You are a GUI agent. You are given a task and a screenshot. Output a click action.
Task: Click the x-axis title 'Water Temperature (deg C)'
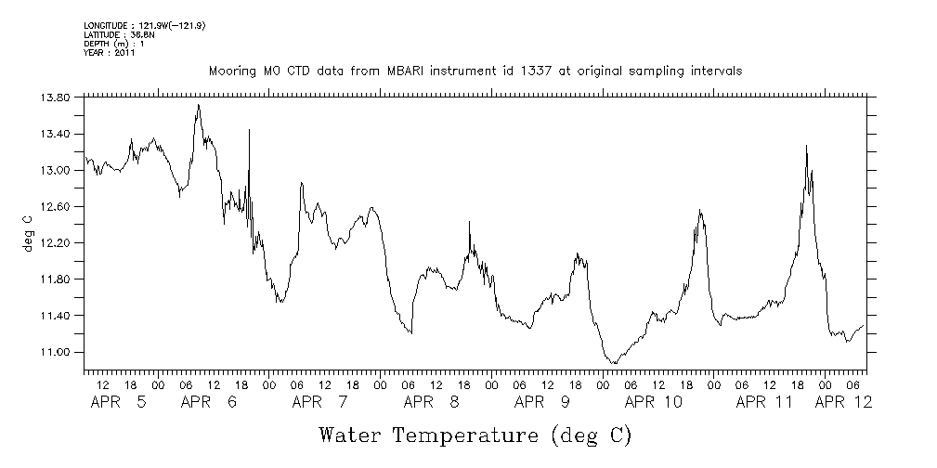tap(475, 434)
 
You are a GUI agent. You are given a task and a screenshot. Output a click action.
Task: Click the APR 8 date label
tap(432, 402)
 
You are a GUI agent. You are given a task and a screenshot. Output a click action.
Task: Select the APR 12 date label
tap(844, 402)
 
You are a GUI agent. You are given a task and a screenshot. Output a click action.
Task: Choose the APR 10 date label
tap(654, 402)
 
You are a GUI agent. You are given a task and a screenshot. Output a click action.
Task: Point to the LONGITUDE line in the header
tap(144, 25)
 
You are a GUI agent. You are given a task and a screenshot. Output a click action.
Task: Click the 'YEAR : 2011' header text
tap(110, 54)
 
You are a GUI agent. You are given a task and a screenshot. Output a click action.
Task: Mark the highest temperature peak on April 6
tap(198, 105)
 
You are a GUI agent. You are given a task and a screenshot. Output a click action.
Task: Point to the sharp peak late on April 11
tap(806, 145)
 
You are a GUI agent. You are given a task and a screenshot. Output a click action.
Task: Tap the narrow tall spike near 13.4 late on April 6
tap(249, 130)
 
